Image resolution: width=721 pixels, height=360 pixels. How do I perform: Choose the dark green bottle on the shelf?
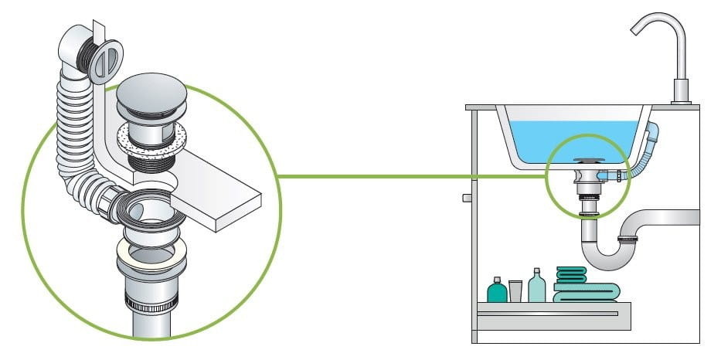pyautogui.click(x=496, y=291)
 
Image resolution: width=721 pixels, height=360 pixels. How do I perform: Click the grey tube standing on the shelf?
pyautogui.click(x=516, y=290)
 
